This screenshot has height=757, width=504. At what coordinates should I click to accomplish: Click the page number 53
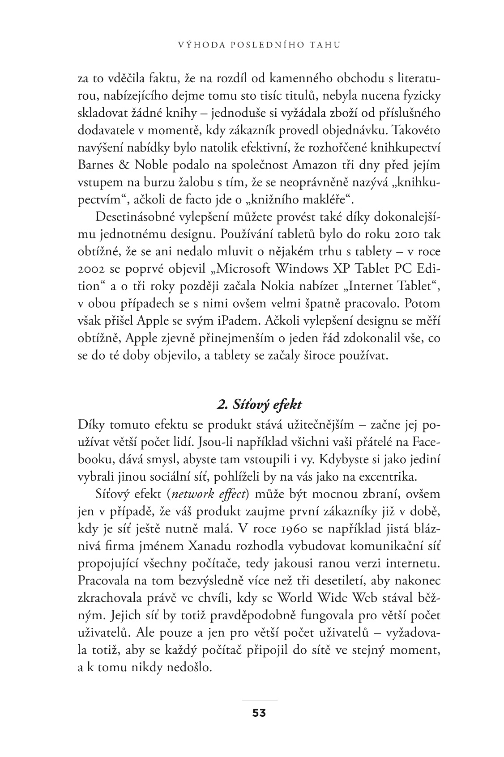259,713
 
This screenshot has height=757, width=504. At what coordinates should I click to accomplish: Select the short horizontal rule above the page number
259,700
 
